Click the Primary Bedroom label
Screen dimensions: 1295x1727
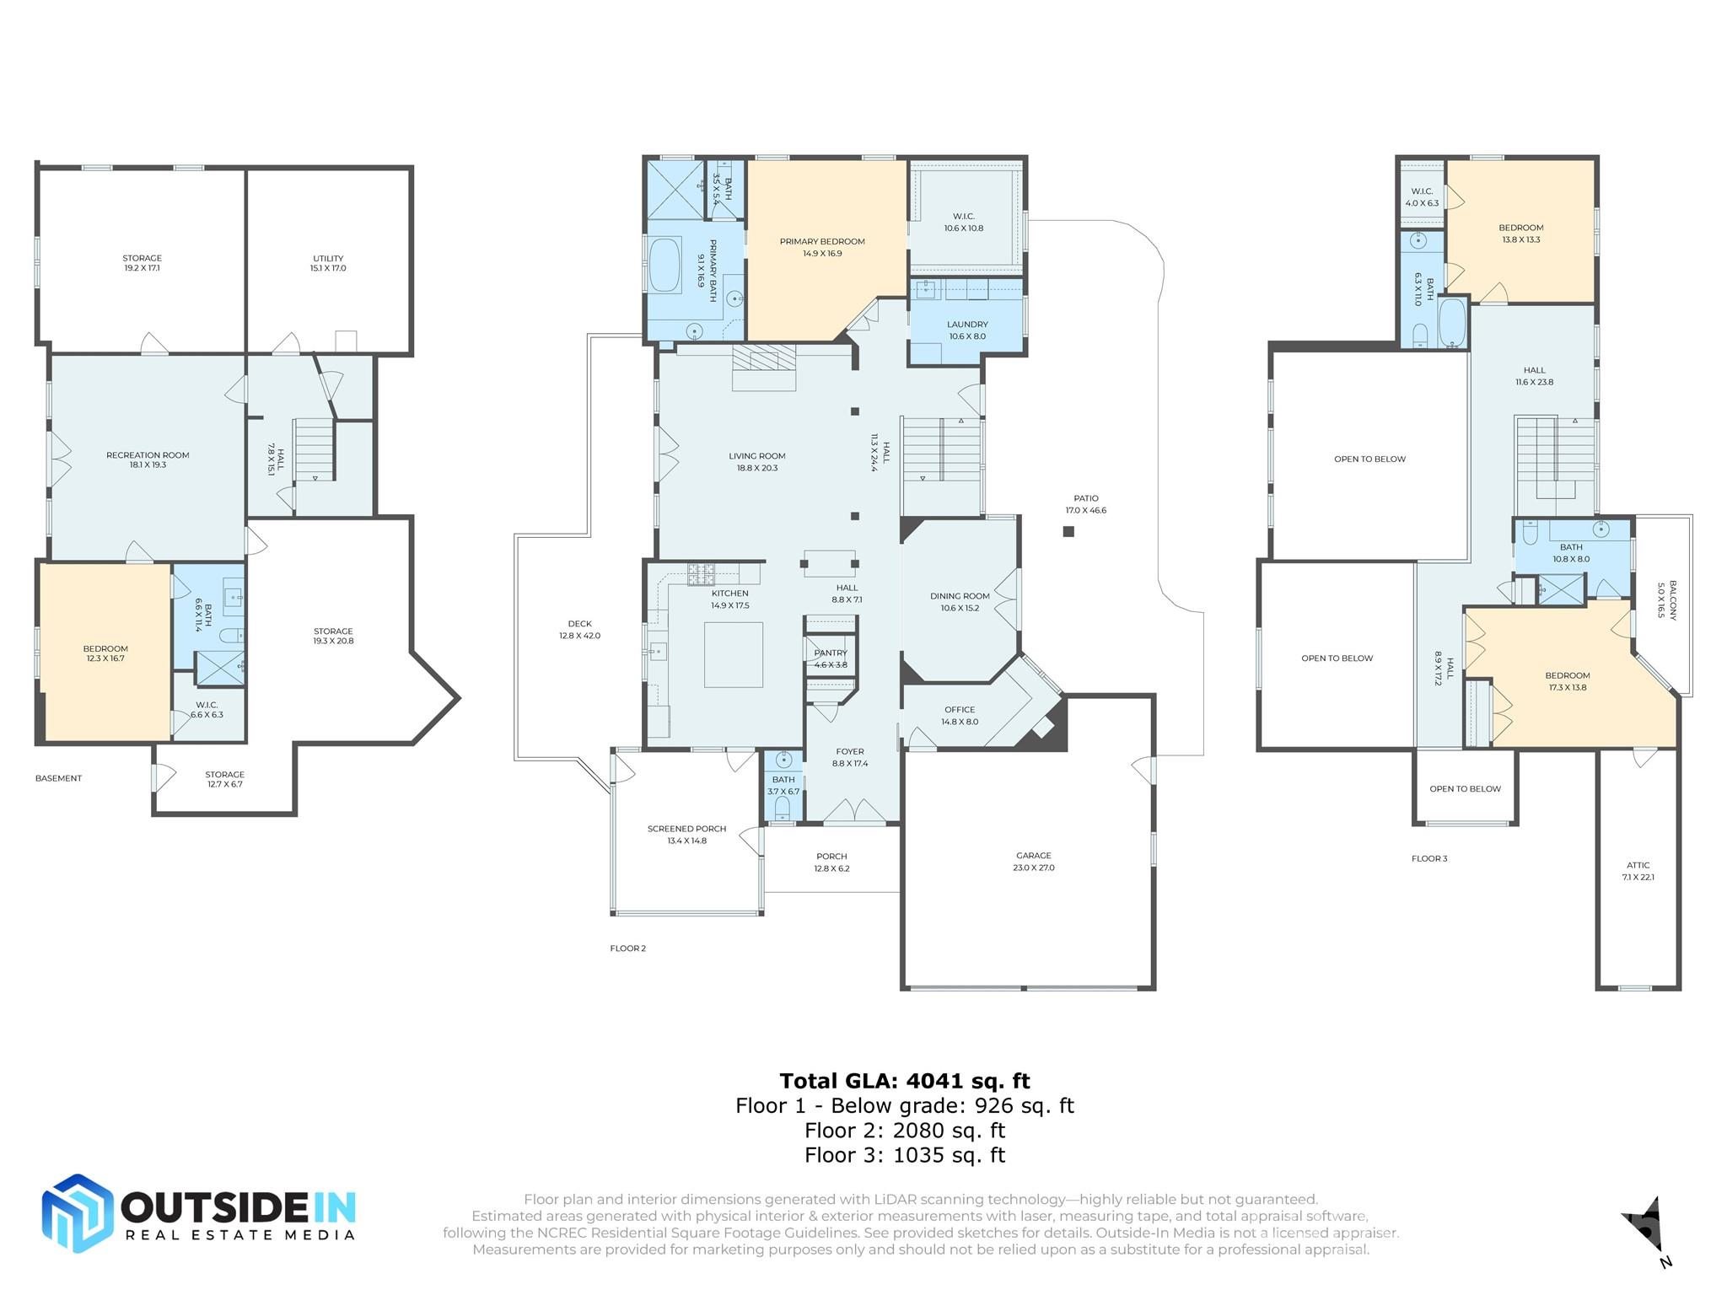click(x=822, y=247)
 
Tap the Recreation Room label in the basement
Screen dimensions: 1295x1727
click(x=148, y=459)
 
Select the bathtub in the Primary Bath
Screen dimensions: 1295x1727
click(x=665, y=266)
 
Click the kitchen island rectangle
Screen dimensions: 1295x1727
click(x=734, y=655)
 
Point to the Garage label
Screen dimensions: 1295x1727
click(x=1034, y=861)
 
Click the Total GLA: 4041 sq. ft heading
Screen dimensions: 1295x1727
click(x=904, y=1081)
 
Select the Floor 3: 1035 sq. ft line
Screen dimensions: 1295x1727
click(x=904, y=1155)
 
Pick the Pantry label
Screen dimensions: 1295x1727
click(x=831, y=658)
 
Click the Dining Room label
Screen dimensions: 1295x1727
click(x=960, y=601)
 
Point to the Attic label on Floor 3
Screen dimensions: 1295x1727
click(x=1638, y=870)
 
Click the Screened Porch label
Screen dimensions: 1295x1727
click(x=686, y=834)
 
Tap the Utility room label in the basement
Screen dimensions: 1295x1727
click(x=328, y=263)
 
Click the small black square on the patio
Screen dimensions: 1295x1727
click(x=1068, y=531)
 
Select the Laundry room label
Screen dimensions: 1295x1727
click(x=967, y=330)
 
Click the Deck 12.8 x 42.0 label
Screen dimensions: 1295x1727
click(x=579, y=630)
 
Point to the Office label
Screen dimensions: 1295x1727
click(x=960, y=715)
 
